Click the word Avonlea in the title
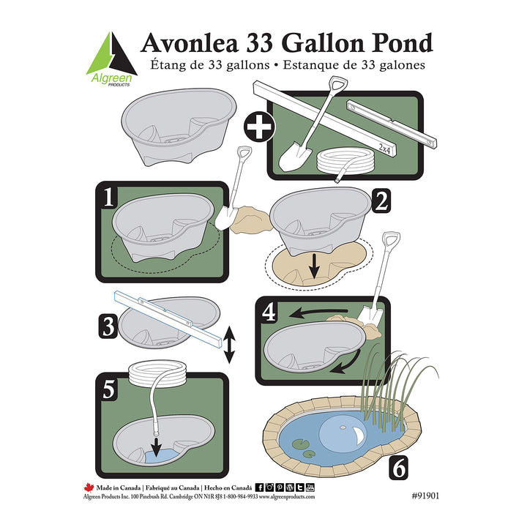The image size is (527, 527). pos(192,43)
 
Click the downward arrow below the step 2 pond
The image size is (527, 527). pos(314,268)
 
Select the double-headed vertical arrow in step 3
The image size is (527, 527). pos(229,345)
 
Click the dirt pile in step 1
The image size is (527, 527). pos(245,217)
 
